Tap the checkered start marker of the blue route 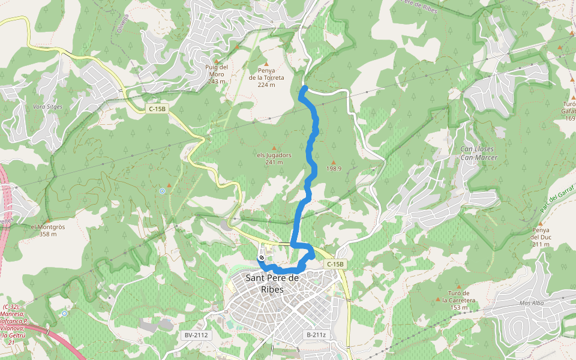tap(262, 259)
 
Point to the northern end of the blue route tap(304, 89)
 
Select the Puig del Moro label tap(217, 74)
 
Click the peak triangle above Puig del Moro tap(237, 46)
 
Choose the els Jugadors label tap(274, 158)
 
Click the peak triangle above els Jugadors tap(275, 148)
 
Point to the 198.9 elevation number tap(334, 169)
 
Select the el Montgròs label tap(48, 230)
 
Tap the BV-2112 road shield tap(196, 335)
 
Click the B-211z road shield tap(316, 335)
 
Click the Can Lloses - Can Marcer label tap(478, 153)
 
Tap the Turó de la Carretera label tap(458, 304)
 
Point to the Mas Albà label tap(531, 303)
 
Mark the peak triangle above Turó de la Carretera tap(459, 287)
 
